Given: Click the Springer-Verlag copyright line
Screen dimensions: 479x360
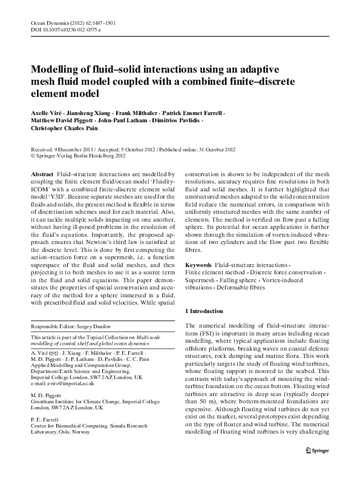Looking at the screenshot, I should [79, 156].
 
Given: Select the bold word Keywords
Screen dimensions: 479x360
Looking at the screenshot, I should [198, 266].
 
